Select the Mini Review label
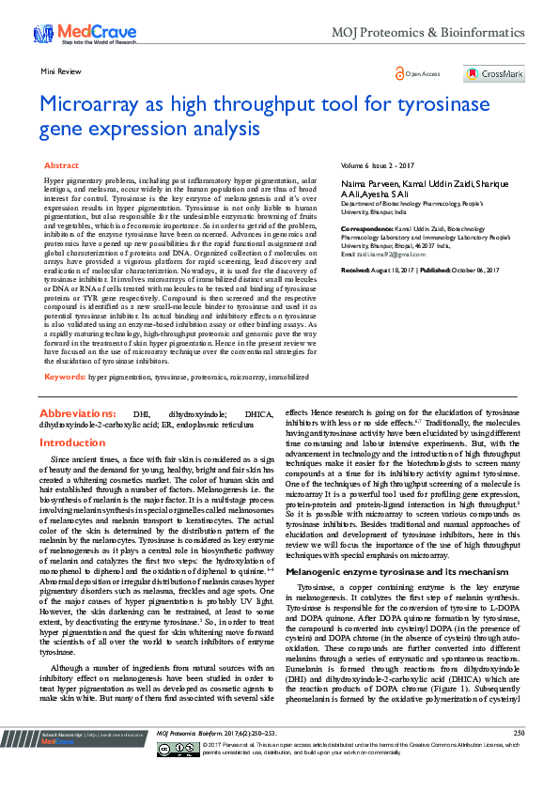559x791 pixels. click(x=60, y=71)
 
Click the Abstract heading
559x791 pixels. click(x=61, y=165)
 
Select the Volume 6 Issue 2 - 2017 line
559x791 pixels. click(x=377, y=165)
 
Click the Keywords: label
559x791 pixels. click(x=65, y=377)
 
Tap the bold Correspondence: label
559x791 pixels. click(x=366, y=226)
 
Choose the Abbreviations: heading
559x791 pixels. click(x=78, y=413)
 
